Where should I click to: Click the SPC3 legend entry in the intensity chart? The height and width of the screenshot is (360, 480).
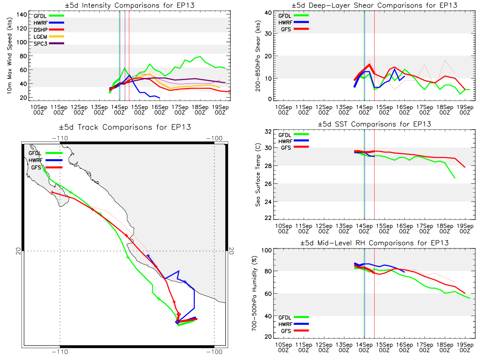[48, 44]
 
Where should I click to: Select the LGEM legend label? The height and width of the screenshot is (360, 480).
[40, 37]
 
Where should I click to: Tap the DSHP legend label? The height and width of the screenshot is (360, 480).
[40, 30]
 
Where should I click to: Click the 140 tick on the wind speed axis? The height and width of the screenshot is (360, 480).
[22, 15]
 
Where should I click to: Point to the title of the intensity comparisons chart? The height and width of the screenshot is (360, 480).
[130, 5]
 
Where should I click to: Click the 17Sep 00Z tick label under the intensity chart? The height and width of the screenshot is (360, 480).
[180, 110]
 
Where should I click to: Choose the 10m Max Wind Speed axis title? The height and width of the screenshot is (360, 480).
[10, 56]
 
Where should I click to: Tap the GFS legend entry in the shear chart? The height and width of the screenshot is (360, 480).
[295, 29]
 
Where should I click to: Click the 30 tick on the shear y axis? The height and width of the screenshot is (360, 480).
[268, 34]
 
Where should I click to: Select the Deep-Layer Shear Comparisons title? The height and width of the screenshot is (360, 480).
[374, 5]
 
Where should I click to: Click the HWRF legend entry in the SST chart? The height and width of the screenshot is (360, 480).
[294, 141]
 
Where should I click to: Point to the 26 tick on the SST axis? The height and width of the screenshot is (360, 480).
[268, 184]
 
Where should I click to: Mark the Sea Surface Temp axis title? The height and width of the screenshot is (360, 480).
[258, 175]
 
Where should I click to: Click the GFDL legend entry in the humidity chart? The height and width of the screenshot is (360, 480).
[294, 317]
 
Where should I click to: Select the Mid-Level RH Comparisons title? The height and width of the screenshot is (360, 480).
[374, 243]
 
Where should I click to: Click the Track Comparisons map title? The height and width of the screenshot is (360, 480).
[125, 127]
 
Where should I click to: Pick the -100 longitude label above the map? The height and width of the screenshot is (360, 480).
[214, 138]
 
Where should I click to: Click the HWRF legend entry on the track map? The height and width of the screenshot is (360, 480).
[46, 160]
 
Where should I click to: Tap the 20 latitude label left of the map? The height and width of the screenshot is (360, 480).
[18, 251]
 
